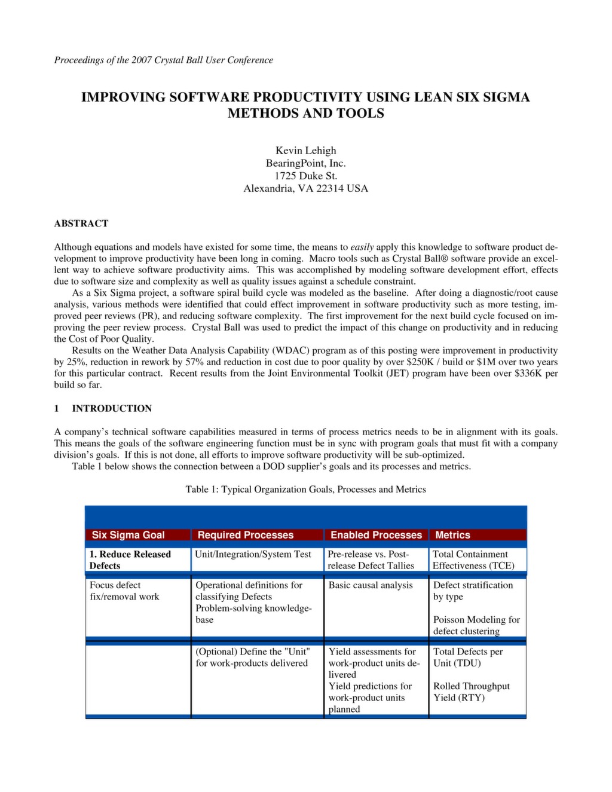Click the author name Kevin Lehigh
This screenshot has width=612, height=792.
point(305,151)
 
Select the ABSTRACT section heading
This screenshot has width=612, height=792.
point(81,224)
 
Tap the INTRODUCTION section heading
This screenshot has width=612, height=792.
point(111,408)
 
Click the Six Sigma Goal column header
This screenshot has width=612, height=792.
point(128,535)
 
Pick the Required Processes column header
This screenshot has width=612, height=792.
point(245,535)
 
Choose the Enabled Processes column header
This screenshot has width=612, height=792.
point(376,535)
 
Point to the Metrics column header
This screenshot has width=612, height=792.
point(452,535)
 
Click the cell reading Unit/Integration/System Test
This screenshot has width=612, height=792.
point(253,555)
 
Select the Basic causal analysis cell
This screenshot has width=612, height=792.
point(371,585)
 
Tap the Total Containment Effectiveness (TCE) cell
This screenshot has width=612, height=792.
point(473,560)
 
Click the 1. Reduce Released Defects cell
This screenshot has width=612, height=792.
point(130,560)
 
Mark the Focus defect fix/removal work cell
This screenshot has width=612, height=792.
point(124,591)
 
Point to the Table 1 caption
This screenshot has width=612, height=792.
point(305,490)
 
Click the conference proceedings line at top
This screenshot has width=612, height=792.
point(163,60)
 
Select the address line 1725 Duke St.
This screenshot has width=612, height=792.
point(305,176)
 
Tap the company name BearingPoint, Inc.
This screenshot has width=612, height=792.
point(305,163)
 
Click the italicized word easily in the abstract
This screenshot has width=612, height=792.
point(362,247)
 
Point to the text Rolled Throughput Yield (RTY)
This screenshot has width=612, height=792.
point(471,692)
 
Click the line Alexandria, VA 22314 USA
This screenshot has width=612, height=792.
point(305,188)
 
